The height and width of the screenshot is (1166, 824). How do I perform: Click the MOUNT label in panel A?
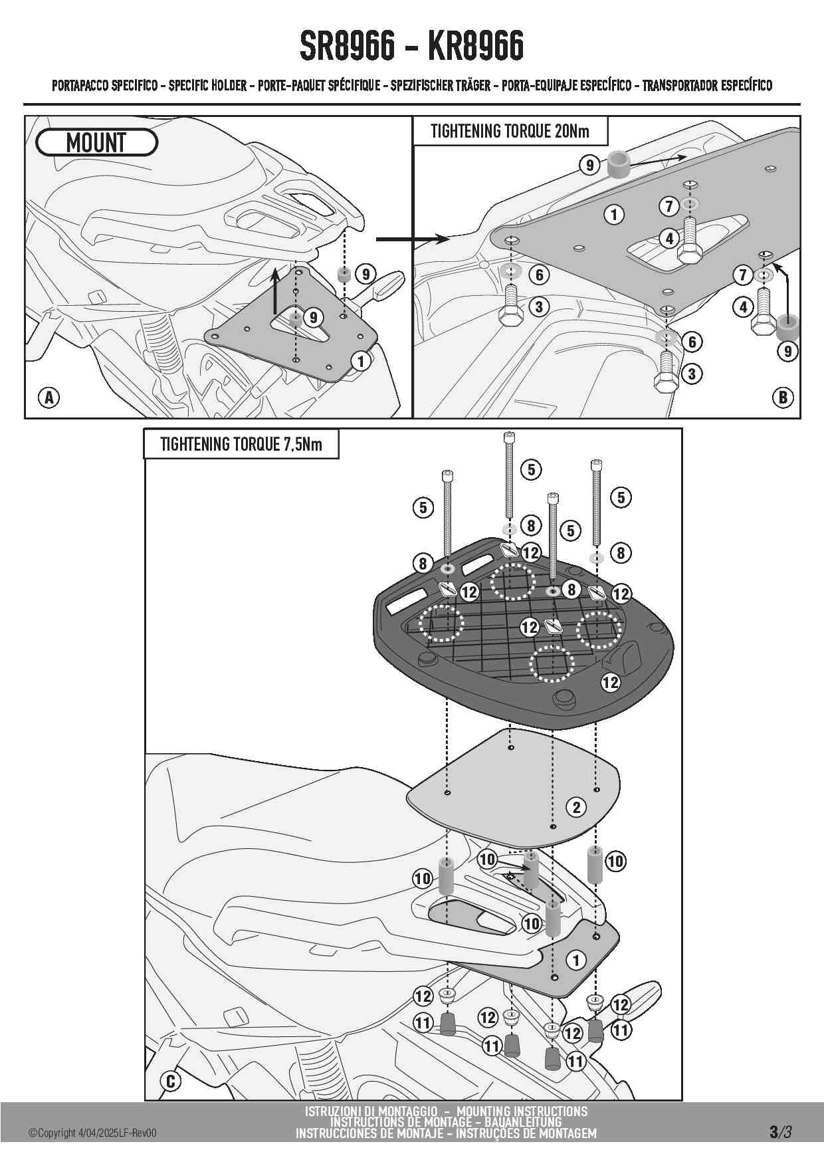[x=96, y=142]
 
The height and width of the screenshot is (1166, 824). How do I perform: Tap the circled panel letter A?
[x=49, y=398]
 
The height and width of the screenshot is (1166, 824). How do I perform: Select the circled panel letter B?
[x=783, y=398]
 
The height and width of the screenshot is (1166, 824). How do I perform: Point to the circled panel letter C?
[x=171, y=1081]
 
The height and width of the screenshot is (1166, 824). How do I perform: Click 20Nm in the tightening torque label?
[x=571, y=131]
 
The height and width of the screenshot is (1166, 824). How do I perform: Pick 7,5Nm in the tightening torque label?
[x=303, y=444]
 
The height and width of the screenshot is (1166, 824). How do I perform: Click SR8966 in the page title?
[x=347, y=46]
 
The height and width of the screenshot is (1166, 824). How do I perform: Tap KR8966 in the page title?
[x=476, y=46]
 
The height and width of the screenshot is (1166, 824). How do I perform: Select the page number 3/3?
[x=780, y=1131]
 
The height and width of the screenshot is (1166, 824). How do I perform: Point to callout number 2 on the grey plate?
[x=576, y=807]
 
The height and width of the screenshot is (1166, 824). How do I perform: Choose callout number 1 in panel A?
[x=361, y=361]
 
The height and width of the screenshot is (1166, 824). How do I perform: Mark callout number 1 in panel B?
[x=614, y=214]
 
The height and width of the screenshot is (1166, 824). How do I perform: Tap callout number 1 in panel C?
[x=576, y=960]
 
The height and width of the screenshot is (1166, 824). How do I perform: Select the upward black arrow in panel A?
[x=275, y=289]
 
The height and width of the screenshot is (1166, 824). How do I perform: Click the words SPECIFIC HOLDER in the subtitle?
[x=207, y=86]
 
